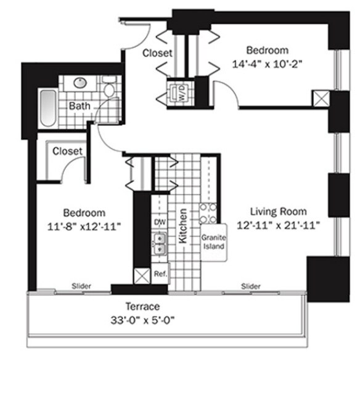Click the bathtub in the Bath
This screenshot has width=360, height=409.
[x=48, y=108]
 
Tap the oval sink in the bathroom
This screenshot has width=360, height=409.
[x=80, y=83]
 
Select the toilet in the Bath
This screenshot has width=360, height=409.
[x=109, y=87]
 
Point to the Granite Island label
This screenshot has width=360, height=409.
[x=213, y=242]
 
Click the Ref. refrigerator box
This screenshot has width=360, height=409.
[x=160, y=273]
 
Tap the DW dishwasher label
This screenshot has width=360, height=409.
[x=160, y=222]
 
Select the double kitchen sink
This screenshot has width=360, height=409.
[x=160, y=244]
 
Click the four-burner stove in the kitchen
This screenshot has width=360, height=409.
[x=208, y=214]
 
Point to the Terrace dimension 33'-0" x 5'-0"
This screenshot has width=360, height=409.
[x=142, y=320]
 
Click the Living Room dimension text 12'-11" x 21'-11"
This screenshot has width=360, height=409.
[x=278, y=225]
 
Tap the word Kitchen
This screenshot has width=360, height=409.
[x=182, y=226]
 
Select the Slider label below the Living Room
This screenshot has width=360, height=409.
[x=251, y=286]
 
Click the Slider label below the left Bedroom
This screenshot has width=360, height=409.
[x=81, y=286]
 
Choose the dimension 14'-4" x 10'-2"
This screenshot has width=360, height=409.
[x=267, y=64]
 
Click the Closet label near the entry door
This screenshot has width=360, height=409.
[x=157, y=53]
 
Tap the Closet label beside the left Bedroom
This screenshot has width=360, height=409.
[x=67, y=151]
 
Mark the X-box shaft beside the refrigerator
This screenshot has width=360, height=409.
[x=142, y=276]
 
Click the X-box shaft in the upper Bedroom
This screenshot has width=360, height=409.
[x=321, y=99]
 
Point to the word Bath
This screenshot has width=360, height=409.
[x=80, y=106]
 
